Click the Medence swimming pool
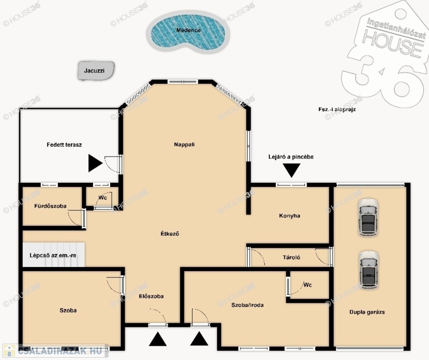(188, 32)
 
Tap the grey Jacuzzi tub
(96, 71)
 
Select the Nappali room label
(185, 144)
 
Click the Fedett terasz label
(64, 145)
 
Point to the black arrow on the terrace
(95, 163)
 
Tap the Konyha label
(289, 216)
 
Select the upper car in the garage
(368, 217)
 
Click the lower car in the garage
(369, 270)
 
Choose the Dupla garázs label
(367, 312)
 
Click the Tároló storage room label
(291, 257)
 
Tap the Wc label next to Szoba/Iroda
(307, 285)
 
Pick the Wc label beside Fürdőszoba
(103, 198)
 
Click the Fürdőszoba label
(50, 206)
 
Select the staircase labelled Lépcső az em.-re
(53, 255)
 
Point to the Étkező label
(170, 234)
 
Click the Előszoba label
(151, 296)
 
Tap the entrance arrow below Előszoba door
(158, 339)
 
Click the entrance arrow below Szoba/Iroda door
(199, 338)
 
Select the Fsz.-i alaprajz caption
(337, 110)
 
